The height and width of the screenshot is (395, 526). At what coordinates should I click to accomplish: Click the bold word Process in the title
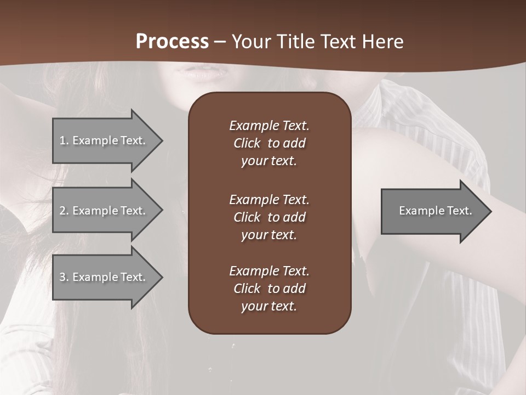172,42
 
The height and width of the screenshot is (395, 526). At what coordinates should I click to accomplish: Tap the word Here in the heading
382,42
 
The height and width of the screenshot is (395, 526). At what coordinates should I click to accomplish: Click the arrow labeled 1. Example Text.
104,140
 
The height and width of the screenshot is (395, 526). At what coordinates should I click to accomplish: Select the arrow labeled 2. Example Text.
104,211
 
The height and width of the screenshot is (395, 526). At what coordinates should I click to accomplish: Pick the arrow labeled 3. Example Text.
104,277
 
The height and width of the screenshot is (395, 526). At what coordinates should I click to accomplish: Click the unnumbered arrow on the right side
433,211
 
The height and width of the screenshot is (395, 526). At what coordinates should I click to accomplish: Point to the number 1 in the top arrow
62,140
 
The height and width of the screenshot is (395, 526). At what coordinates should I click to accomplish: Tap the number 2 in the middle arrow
62,211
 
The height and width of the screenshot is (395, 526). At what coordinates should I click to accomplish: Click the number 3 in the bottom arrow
62,277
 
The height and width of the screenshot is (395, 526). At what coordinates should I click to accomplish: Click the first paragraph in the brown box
269,143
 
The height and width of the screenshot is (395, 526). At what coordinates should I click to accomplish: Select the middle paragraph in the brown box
269,217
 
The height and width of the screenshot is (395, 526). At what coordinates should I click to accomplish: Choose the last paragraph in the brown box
269,289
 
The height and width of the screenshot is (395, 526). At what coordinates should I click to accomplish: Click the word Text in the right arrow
459,211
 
